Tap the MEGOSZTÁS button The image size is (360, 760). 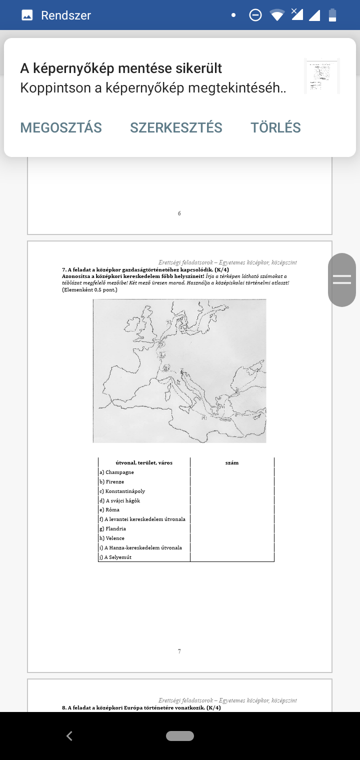[x=61, y=127]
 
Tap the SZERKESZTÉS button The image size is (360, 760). [x=176, y=127]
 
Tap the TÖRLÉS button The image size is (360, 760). [x=275, y=127]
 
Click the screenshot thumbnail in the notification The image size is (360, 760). [x=321, y=75]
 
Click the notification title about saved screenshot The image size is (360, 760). [x=121, y=68]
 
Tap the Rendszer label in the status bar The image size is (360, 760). [x=66, y=15]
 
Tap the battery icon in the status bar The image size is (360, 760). [x=332, y=15]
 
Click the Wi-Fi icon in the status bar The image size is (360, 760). [x=277, y=15]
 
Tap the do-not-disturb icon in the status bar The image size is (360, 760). [x=255, y=15]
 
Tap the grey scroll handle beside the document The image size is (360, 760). [x=342, y=279]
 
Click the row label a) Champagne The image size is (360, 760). [x=116, y=472]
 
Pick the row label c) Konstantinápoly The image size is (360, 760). [x=122, y=491]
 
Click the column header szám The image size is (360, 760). [x=232, y=462]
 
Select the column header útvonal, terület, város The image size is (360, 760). [x=144, y=462]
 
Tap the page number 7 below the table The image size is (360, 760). [x=179, y=651]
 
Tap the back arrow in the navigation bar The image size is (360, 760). [x=69, y=736]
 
